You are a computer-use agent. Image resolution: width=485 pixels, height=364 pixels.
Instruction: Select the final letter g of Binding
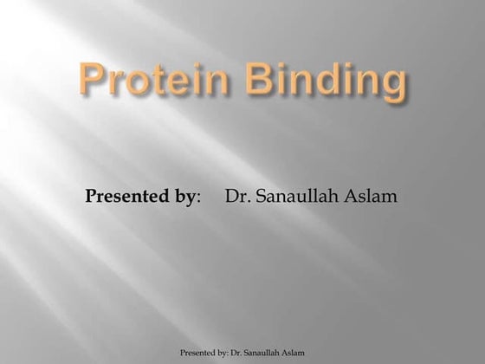(391, 88)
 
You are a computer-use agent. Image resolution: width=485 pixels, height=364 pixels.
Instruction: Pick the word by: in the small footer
(224, 353)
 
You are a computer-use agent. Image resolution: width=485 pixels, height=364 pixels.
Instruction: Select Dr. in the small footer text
(238, 353)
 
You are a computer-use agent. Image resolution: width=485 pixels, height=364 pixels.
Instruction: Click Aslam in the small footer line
(294, 353)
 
